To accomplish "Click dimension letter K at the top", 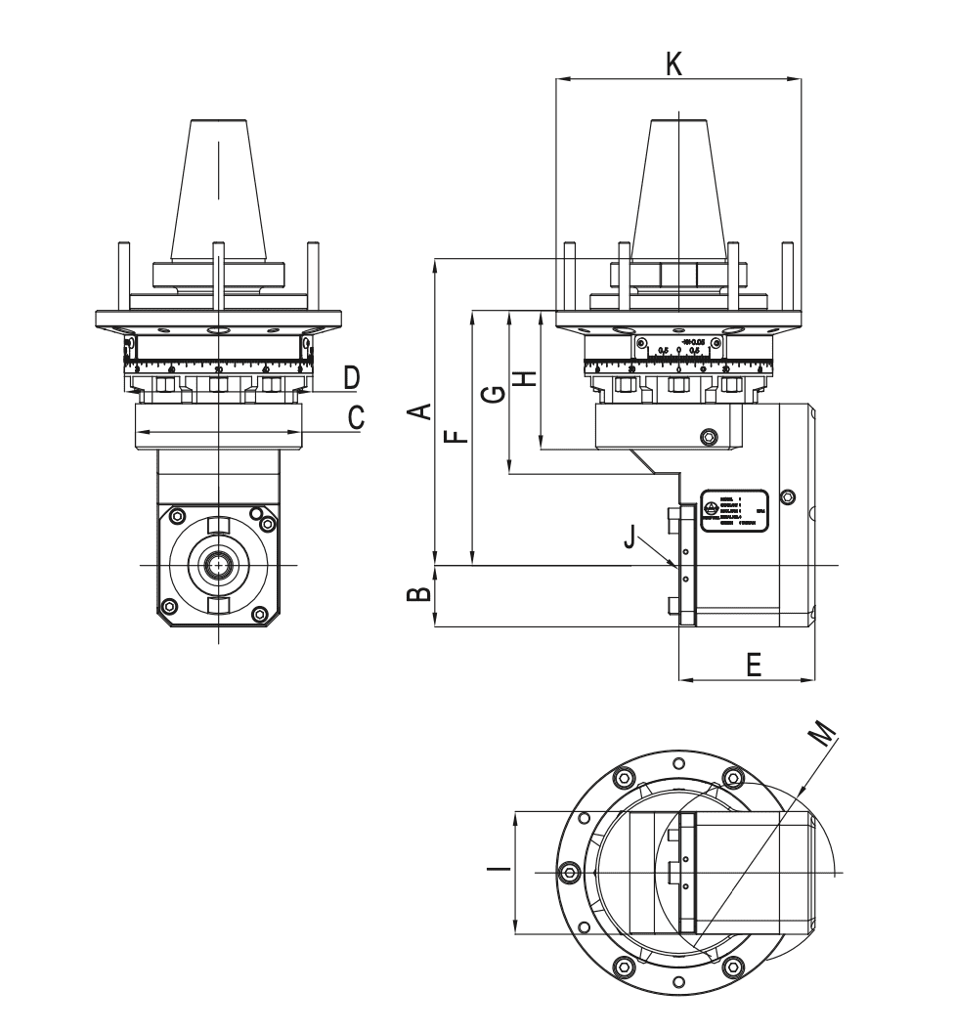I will click(673, 64).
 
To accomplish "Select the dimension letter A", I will click(418, 410).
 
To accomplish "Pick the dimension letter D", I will click(351, 376).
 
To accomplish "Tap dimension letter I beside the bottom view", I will click(499, 868).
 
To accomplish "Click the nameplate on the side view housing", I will click(734, 509).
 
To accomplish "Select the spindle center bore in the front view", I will click(216, 566).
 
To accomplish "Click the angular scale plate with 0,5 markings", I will click(679, 347).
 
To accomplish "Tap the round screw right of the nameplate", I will click(789, 493).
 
